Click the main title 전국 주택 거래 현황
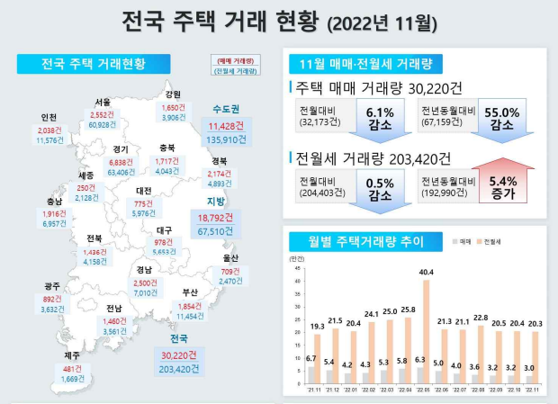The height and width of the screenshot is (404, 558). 220,20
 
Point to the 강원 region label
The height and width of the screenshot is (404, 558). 173,94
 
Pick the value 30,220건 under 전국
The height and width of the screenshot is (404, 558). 178,354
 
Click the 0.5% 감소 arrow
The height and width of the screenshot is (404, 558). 381,189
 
